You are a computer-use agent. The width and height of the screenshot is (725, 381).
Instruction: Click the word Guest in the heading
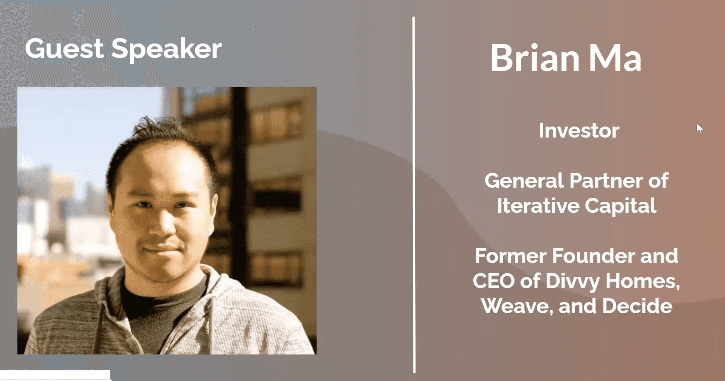(64, 48)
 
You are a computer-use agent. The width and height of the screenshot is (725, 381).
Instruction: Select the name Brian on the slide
(535, 58)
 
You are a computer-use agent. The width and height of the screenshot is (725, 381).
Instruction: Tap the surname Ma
(615, 58)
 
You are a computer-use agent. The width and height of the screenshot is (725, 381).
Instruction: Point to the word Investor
(579, 130)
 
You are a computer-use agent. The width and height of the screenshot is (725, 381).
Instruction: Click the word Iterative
(538, 205)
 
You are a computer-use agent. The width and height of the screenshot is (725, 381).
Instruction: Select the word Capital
(621, 206)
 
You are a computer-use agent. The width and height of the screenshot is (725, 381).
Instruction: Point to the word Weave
(517, 306)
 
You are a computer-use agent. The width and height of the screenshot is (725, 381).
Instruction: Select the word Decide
(637, 306)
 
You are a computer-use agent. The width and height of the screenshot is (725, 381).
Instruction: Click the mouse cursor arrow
(699, 128)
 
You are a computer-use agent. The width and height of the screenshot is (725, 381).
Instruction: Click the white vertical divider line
(414, 195)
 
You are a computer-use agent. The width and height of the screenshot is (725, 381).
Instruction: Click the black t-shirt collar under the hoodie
(164, 291)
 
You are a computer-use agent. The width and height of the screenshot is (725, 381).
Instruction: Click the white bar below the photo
(55, 375)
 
